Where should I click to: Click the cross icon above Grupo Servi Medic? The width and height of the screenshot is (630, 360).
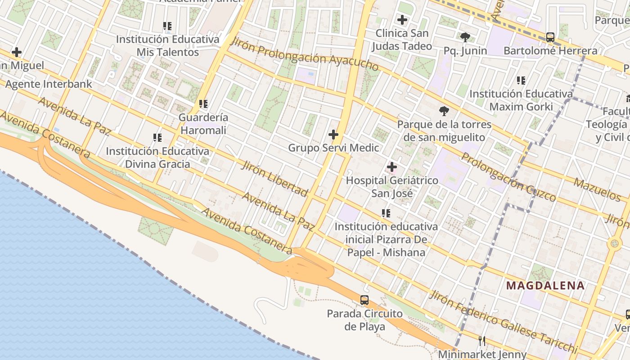pyautogui.click(x=333, y=135)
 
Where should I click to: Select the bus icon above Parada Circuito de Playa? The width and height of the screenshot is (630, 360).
pyautogui.click(x=364, y=300)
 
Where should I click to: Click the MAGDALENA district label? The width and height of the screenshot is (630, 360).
pyautogui.click(x=545, y=285)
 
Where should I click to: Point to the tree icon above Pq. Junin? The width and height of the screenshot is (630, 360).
pyautogui.click(x=465, y=37)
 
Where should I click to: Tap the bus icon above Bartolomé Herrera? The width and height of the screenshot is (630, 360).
pyautogui.click(x=550, y=37)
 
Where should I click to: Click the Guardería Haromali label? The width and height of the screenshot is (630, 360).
pyautogui.click(x=203, y=124)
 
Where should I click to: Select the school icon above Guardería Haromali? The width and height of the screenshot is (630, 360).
pyautogui.click(x=203, y=104)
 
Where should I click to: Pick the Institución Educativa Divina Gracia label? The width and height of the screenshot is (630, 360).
pyautogui.click(x=157, y=157)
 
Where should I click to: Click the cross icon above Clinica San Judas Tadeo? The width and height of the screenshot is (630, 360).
pyautogui.click(x=402, y=20)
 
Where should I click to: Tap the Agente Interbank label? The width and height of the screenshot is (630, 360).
pyautogui.click(x=49, y=84)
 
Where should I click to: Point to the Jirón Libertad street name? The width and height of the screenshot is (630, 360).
pyautogui.click(x=274, y=178)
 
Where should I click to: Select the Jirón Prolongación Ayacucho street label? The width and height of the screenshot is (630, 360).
pyautogui.click(x=304, y=54)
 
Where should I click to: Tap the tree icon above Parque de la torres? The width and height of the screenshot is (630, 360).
pyautogui.click(x=444, y=111)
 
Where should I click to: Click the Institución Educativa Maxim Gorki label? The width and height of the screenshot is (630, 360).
pyautogui.click(x=521, y=100)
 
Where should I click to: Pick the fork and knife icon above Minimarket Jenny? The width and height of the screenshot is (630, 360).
pyautogui.click(x=482, y=341)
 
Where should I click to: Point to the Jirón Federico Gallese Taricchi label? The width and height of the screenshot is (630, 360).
pyautogui.click(x=503, y=322)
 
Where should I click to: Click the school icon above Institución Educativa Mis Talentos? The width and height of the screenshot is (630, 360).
pyautogui.click(x=168, y=26)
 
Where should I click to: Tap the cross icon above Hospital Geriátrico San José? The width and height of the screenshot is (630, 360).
pyautogui.click(x=392, y=167)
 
